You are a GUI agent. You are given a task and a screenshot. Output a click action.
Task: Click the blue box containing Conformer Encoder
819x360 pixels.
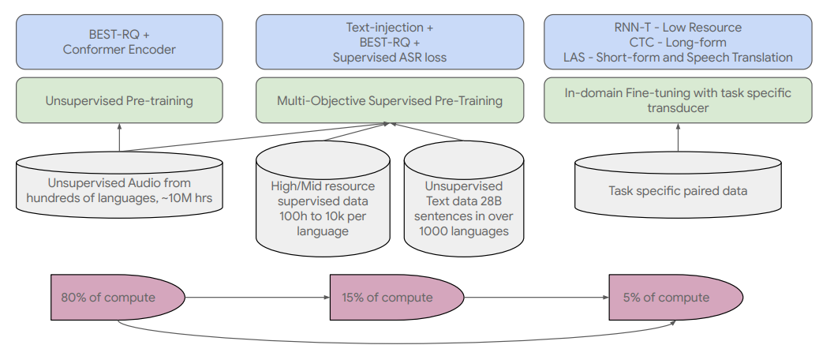click(x=119, y=42)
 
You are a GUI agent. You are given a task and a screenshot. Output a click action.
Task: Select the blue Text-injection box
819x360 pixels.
click(x=390, y=42)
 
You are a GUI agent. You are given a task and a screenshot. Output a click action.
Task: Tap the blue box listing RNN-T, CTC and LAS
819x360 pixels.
click(x=678, y=42)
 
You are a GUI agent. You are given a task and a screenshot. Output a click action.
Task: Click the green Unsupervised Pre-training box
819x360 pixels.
click(x=119, y=100)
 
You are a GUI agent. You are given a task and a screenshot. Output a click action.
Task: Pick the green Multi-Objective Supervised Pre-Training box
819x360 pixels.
click(x=390, y=100)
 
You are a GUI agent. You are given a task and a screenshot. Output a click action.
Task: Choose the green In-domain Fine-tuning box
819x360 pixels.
click(x=678, y=100)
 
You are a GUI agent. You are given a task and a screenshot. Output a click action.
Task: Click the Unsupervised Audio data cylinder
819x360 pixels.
click(x=119, y=185)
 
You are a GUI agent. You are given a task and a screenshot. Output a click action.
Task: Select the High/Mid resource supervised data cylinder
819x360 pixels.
click(x=323, y=198)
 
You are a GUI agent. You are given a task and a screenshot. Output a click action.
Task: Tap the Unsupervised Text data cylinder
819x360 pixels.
click(x=464, y=198)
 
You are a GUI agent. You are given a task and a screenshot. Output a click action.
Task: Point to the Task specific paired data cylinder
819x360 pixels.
click(x=678, y=185)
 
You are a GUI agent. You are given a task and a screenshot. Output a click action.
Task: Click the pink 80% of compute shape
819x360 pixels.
click(x=118, y=298)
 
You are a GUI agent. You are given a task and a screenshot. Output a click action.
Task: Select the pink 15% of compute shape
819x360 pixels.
click(x=397, y=298)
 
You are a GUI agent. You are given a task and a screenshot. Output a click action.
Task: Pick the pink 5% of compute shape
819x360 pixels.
click(x=676, y=298)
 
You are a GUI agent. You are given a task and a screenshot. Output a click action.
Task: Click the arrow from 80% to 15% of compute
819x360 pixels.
click(x=257, y=298)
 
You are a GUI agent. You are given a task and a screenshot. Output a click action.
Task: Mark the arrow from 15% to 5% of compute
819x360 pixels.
click(x=537, y=298)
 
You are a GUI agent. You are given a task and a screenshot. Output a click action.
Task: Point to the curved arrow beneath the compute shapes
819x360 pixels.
click(x=397, y=343)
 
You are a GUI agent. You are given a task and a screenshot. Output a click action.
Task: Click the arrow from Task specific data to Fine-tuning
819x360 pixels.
click(x=678, y=137)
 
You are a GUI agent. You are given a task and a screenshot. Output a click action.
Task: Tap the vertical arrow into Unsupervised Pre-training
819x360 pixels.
click(x=119, y=137)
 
